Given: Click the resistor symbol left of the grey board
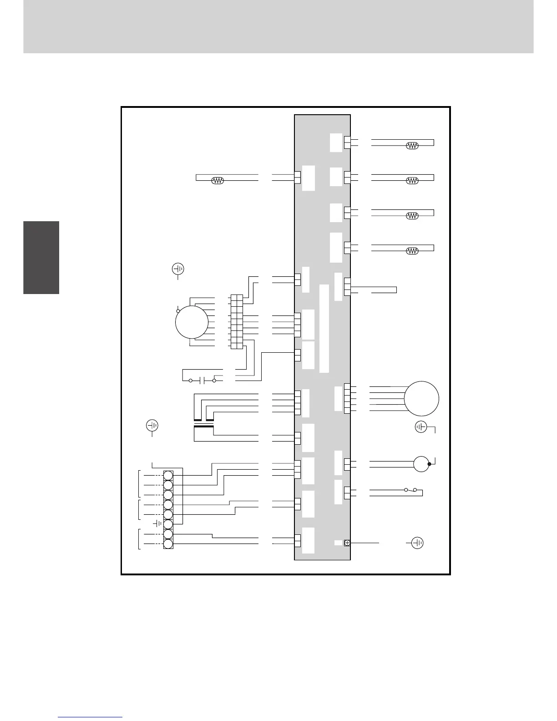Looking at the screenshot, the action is (x=218, y=181).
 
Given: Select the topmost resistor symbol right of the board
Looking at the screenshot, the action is (x=412, y=146).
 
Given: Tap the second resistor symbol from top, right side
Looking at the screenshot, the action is (x=412, y=180).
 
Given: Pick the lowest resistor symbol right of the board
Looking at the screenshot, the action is (x=412, y=251).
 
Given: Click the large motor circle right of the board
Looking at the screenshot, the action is (x=422, y=398).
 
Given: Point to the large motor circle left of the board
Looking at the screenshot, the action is (x=192, y=322).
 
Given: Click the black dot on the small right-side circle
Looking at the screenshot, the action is (x=429, y=464).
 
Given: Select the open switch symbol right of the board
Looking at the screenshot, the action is (x=410, y=490).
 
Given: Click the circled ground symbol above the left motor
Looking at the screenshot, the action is (x=178, y=269).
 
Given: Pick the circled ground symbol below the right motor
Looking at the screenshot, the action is (x=421, y=427).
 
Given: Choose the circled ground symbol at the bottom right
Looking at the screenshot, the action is (x=417, y=543).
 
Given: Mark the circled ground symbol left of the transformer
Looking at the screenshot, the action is (x=152, y=426).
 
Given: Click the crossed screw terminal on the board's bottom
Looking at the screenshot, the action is (x=347, y=543).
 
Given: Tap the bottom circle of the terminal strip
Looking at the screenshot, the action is (x=168, y=544).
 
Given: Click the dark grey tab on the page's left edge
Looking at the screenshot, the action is (x=41, y=257).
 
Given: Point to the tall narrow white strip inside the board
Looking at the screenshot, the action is (x=324, y=329).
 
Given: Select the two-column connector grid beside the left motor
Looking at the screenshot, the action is (x=237, y=322).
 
